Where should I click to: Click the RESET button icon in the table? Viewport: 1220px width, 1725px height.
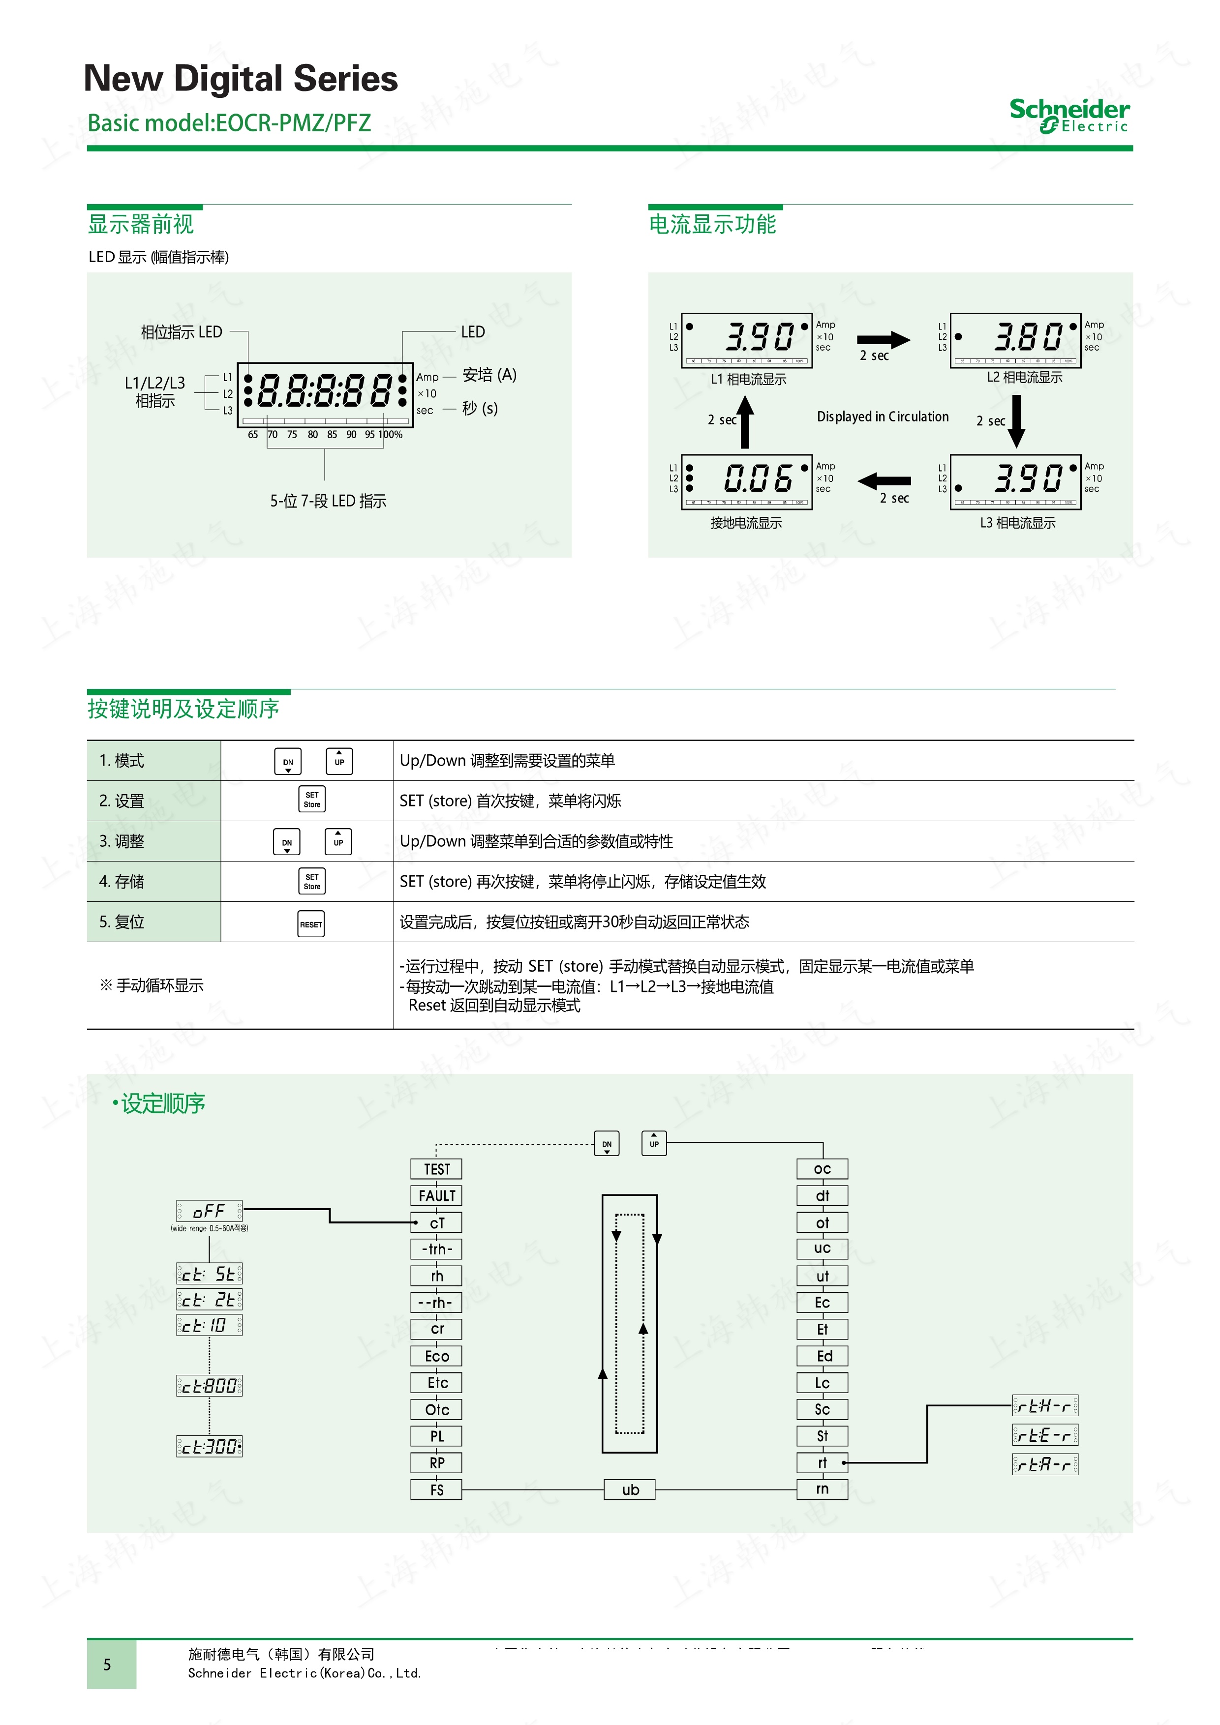coord(311,924)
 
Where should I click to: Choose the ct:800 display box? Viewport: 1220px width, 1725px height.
coord(209,1385)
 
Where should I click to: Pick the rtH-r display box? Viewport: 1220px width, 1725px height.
coord(1045,1406)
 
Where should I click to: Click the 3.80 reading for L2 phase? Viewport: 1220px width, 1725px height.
coord(1028,337)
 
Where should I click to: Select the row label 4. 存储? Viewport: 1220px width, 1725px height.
coord(122,881)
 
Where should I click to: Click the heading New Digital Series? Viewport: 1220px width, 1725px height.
coord(241,79)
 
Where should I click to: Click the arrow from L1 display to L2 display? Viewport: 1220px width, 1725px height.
coord(883,340)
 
